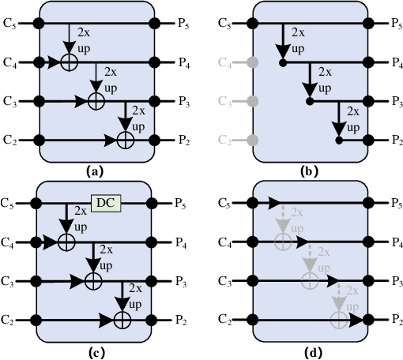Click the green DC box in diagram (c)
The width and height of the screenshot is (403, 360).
[105, 203]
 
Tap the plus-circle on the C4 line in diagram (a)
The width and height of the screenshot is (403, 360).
[69, 62]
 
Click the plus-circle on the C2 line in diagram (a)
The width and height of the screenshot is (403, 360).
[124, 140]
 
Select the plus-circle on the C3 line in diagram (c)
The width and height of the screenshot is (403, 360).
[93, 280]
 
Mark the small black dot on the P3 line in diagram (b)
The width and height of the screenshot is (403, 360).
[310, 101]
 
